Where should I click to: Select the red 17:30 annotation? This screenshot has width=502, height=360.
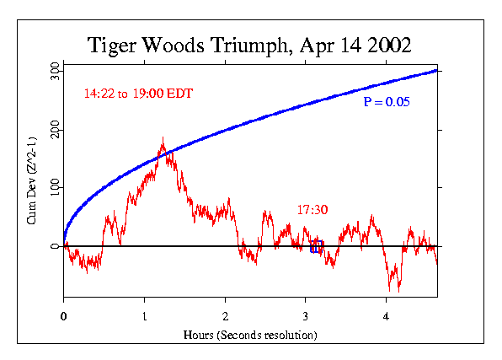coord(312,209)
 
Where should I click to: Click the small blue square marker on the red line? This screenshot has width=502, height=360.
coord(317,246)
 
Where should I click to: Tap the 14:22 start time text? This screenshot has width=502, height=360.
coord(99,94)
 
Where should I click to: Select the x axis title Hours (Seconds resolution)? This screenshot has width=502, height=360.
coord(250,335)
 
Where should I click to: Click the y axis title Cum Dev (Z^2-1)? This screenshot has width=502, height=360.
coord(31,193)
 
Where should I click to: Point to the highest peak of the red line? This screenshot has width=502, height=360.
coord(163,137)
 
